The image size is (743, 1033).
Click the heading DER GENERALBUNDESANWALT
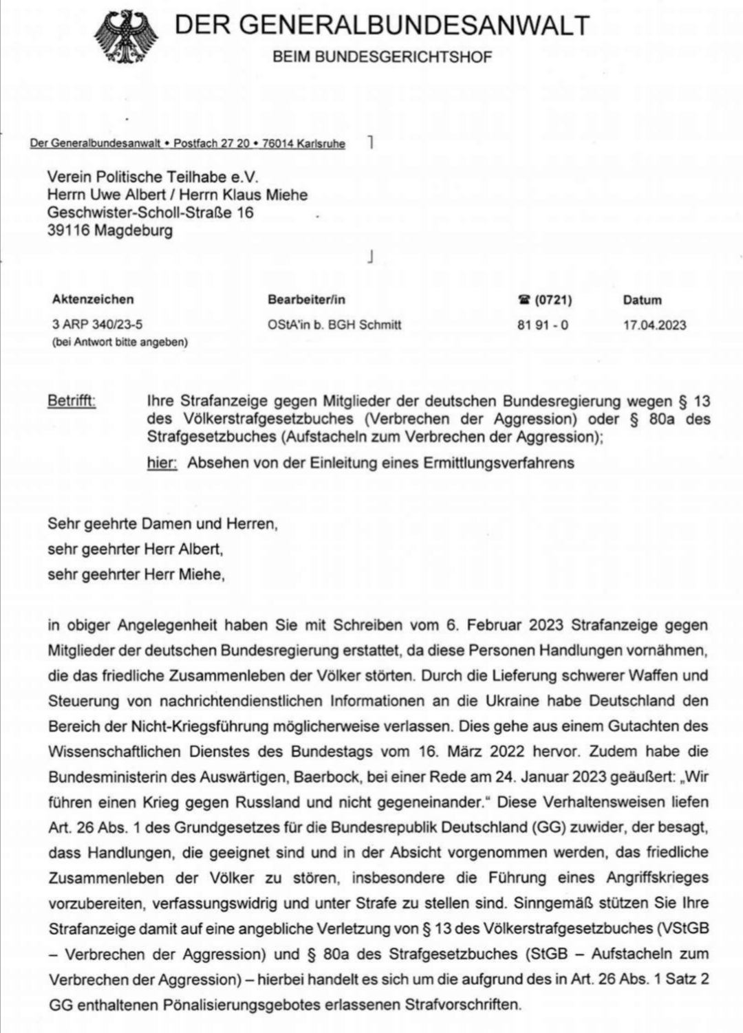(382, 25)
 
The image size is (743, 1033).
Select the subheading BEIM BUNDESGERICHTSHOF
(383, 57)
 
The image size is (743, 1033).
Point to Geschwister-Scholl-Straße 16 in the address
(151, 213)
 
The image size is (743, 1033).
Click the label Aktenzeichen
(93, 300)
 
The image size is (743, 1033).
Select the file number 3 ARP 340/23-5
(97, 325)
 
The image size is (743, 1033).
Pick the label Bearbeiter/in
(306, 300)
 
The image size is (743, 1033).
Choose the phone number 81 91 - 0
(543, 325)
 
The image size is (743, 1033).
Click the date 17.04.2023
(654, 325)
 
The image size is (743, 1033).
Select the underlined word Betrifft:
(72, 401)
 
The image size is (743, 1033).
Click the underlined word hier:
(162, 463)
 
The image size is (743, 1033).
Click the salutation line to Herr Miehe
(136, 574)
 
